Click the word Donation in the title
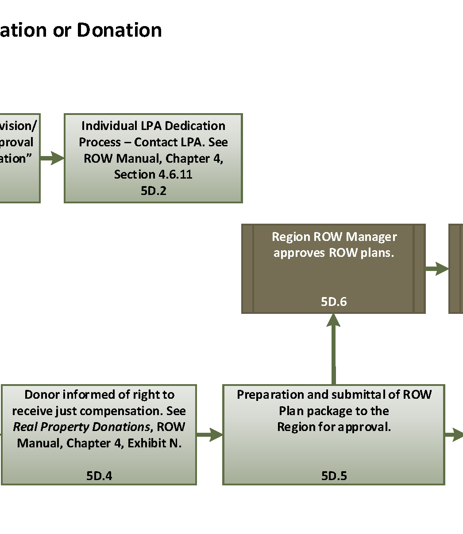point(119,30)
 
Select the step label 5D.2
point(153,191)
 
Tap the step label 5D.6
point(333,301)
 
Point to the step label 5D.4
point(99,476)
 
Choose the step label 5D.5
point(334,476)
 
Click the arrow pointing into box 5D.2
point(53,158)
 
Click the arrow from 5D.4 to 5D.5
point(209,435)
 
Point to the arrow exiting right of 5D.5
point(454,435)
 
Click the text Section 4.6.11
point(153,174)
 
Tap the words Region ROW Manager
point(334,236)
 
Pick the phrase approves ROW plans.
point(334,253)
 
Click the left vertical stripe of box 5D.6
point(247,269)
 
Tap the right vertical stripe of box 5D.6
point(419,269)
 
